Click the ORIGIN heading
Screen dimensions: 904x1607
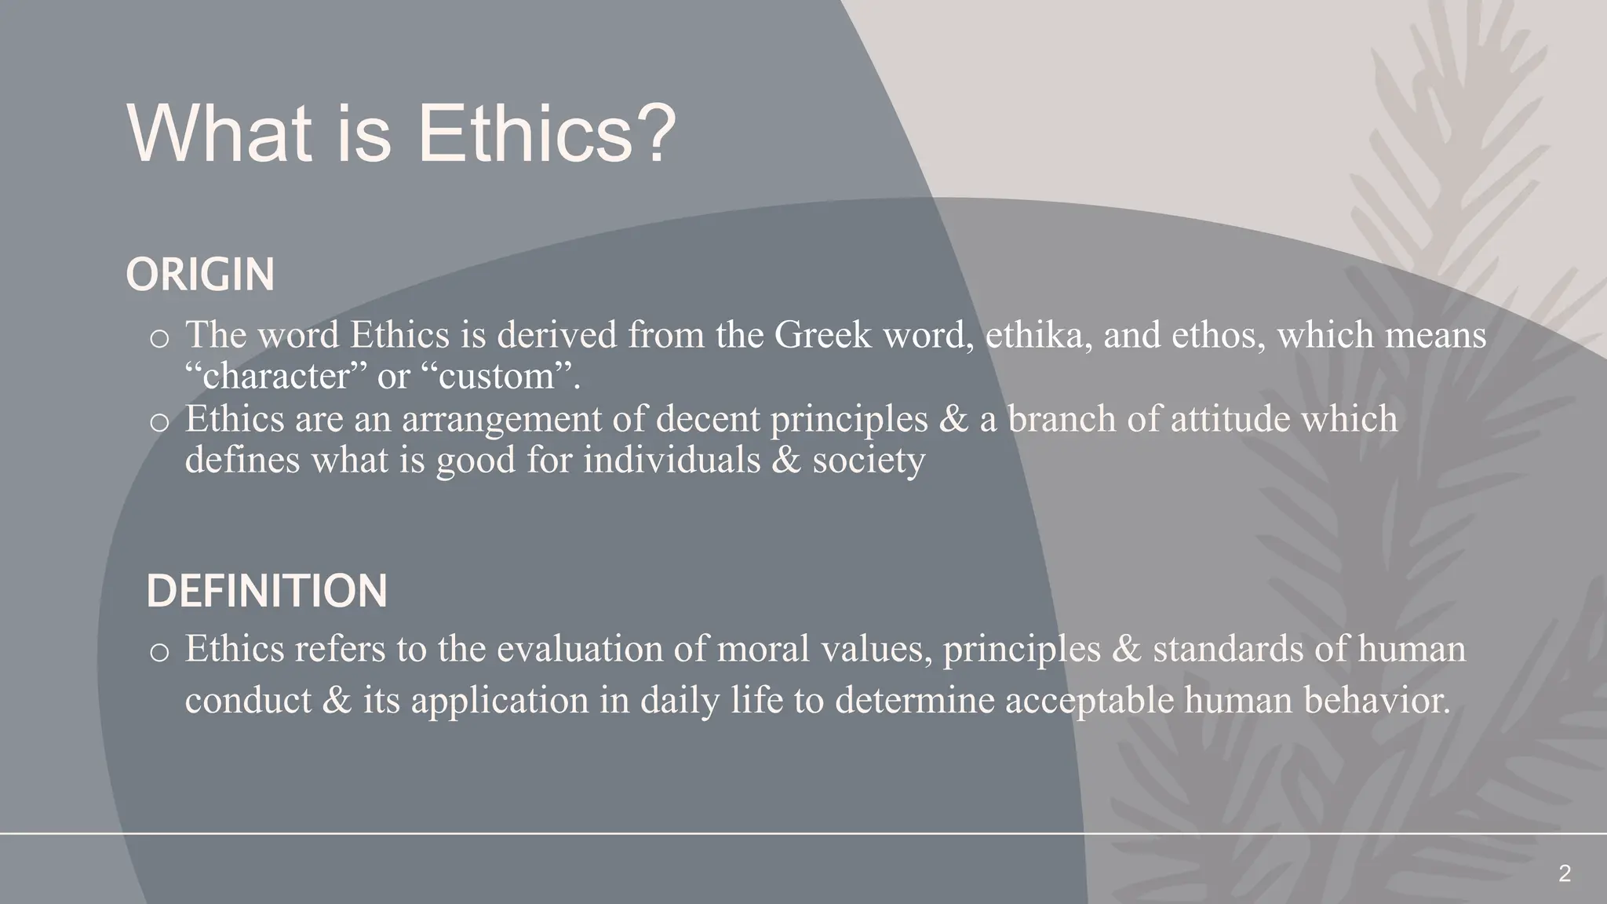[x=200, y=275]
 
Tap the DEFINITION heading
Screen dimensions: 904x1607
[x=267, y=591]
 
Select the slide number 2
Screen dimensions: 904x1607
[x=1564, y=873]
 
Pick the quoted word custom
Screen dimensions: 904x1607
[x=503, y=377]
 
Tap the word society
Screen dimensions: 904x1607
[x=869, y=460]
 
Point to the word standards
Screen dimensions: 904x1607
[x=1229, y=650]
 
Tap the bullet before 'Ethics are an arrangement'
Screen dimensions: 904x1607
[x=159, y=422]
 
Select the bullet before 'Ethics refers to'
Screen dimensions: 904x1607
[x=159, y=653]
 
